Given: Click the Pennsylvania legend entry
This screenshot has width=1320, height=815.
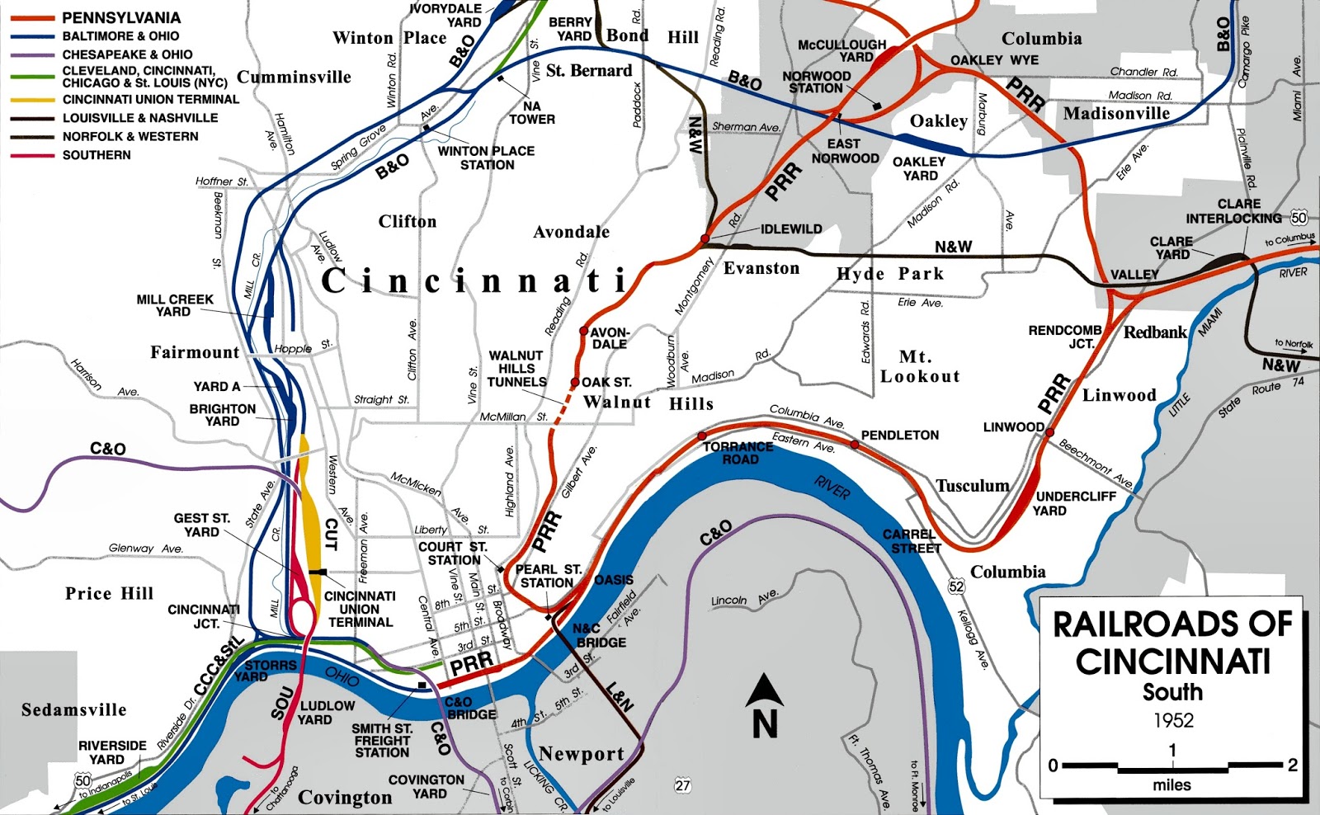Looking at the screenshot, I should [x=121, y=17].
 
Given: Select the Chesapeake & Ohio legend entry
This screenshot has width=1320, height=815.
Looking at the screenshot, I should [x=127, y=54].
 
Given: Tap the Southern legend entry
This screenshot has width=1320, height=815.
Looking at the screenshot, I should [x=97, y=155].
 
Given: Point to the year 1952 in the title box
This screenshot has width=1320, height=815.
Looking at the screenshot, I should [x=1173, y=720].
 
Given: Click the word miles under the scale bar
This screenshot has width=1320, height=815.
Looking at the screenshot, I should [x=1171, y=785].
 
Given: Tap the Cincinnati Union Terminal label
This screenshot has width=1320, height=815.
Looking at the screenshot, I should [x=360, y=609].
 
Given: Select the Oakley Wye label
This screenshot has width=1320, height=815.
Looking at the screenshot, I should [x=994, y=60].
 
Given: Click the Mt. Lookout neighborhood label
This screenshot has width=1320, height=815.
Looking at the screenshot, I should [x=920, y=367].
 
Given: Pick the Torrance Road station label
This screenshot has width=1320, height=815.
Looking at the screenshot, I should [x=738, y=453].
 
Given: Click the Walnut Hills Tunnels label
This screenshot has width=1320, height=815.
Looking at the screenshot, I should [x=517, y=369].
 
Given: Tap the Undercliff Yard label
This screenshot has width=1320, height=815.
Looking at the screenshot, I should [x=1076, y=503].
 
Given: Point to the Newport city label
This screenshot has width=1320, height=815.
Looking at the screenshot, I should [x=582, y=754].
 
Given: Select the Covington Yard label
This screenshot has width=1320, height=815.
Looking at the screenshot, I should [x=427, y=786].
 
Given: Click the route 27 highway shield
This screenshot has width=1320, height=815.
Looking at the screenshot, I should [x=682, y=785].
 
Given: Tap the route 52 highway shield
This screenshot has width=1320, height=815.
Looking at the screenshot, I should [x=956, y=587].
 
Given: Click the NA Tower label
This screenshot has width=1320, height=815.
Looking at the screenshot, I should [x=532, y=113].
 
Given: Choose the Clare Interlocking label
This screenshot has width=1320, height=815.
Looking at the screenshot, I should [x=1234, y=211].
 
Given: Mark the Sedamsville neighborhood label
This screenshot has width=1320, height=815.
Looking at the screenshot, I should [x=74, y=710].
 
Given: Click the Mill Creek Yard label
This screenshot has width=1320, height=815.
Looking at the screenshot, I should [x=175, y=305].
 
